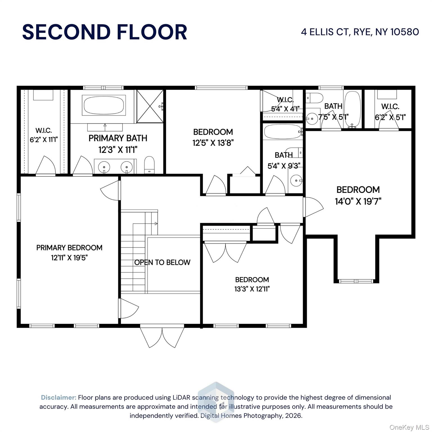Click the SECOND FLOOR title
point(105,32)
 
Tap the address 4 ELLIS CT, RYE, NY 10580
point(360,32)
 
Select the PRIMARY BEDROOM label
point(69,248)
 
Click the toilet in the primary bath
point(149,165)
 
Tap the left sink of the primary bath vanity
point(104,167)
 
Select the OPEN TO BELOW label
point(162,262)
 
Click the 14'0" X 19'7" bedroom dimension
point(358,201)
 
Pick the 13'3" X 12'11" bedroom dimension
point(252,289)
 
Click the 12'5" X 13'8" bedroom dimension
point(213,143)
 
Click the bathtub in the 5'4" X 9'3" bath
point(283,132)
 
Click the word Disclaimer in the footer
point(58,397)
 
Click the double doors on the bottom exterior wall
point(162,336)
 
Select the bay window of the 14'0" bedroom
point(356,281)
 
